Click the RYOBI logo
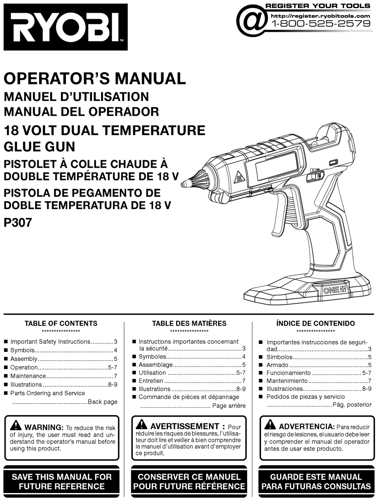66,27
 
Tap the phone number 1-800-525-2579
320,23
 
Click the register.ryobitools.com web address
320,16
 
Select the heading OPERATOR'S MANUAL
95,78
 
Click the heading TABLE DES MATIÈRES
189,323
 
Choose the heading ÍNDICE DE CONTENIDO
316,323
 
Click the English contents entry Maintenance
28,376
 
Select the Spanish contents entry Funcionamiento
288,373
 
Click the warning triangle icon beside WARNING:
16,425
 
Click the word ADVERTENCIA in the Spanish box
306,426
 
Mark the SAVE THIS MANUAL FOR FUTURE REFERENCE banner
62,481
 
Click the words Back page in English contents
103,402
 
